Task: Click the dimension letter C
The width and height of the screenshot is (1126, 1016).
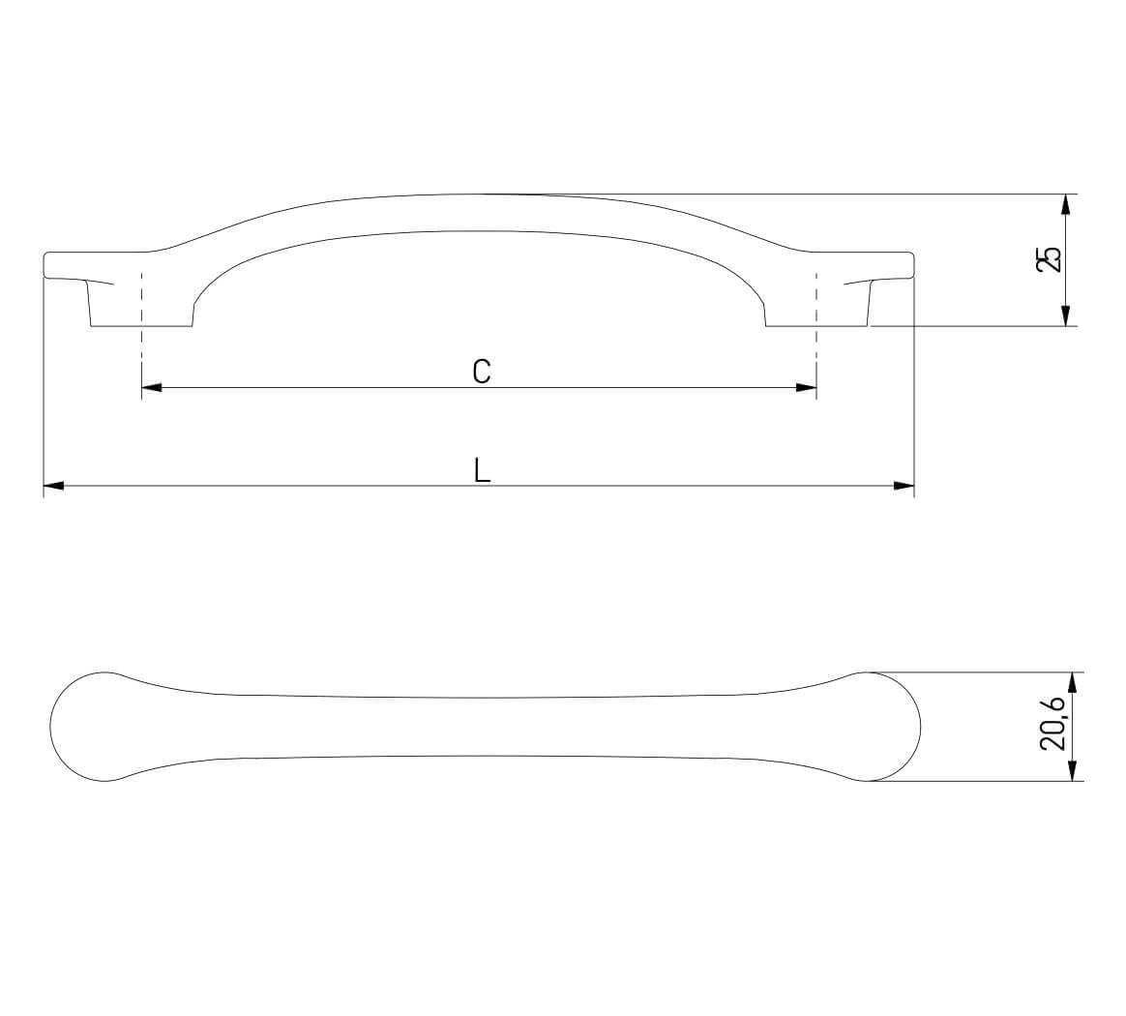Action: (482, 372)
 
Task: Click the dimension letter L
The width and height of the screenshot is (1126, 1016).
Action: (482, 470)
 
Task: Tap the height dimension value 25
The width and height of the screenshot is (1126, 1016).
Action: (1050, 258)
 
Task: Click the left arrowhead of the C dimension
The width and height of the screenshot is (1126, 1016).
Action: (152, 388)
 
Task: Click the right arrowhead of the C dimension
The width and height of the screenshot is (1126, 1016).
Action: (807, 388)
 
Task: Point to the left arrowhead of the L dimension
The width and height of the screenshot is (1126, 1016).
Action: (54, 487)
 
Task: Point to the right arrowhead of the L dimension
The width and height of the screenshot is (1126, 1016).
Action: (904, 487)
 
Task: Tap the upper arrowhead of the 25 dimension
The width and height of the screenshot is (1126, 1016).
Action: (1066, 205)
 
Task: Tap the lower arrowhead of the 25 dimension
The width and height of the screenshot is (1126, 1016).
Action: (1066, 315)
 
